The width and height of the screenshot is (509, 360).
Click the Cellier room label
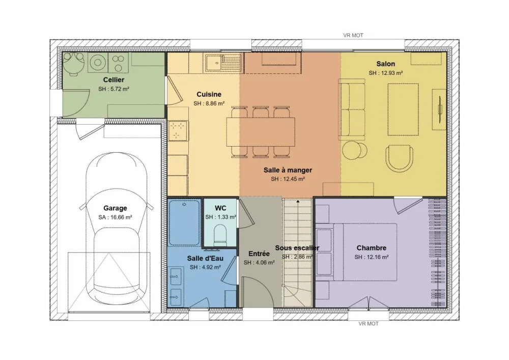(114, 79)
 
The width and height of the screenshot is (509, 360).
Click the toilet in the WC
(220, 234)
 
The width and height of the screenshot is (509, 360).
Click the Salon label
(385, 64)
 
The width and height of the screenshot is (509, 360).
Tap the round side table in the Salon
(355, 150)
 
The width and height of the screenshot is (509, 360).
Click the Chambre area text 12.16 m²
(372, 257)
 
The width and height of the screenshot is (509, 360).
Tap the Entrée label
(259, 253)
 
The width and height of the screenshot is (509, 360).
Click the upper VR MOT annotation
(353, 36)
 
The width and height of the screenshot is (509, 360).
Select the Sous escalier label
(297, 248)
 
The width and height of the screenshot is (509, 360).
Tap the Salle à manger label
(288, 170)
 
